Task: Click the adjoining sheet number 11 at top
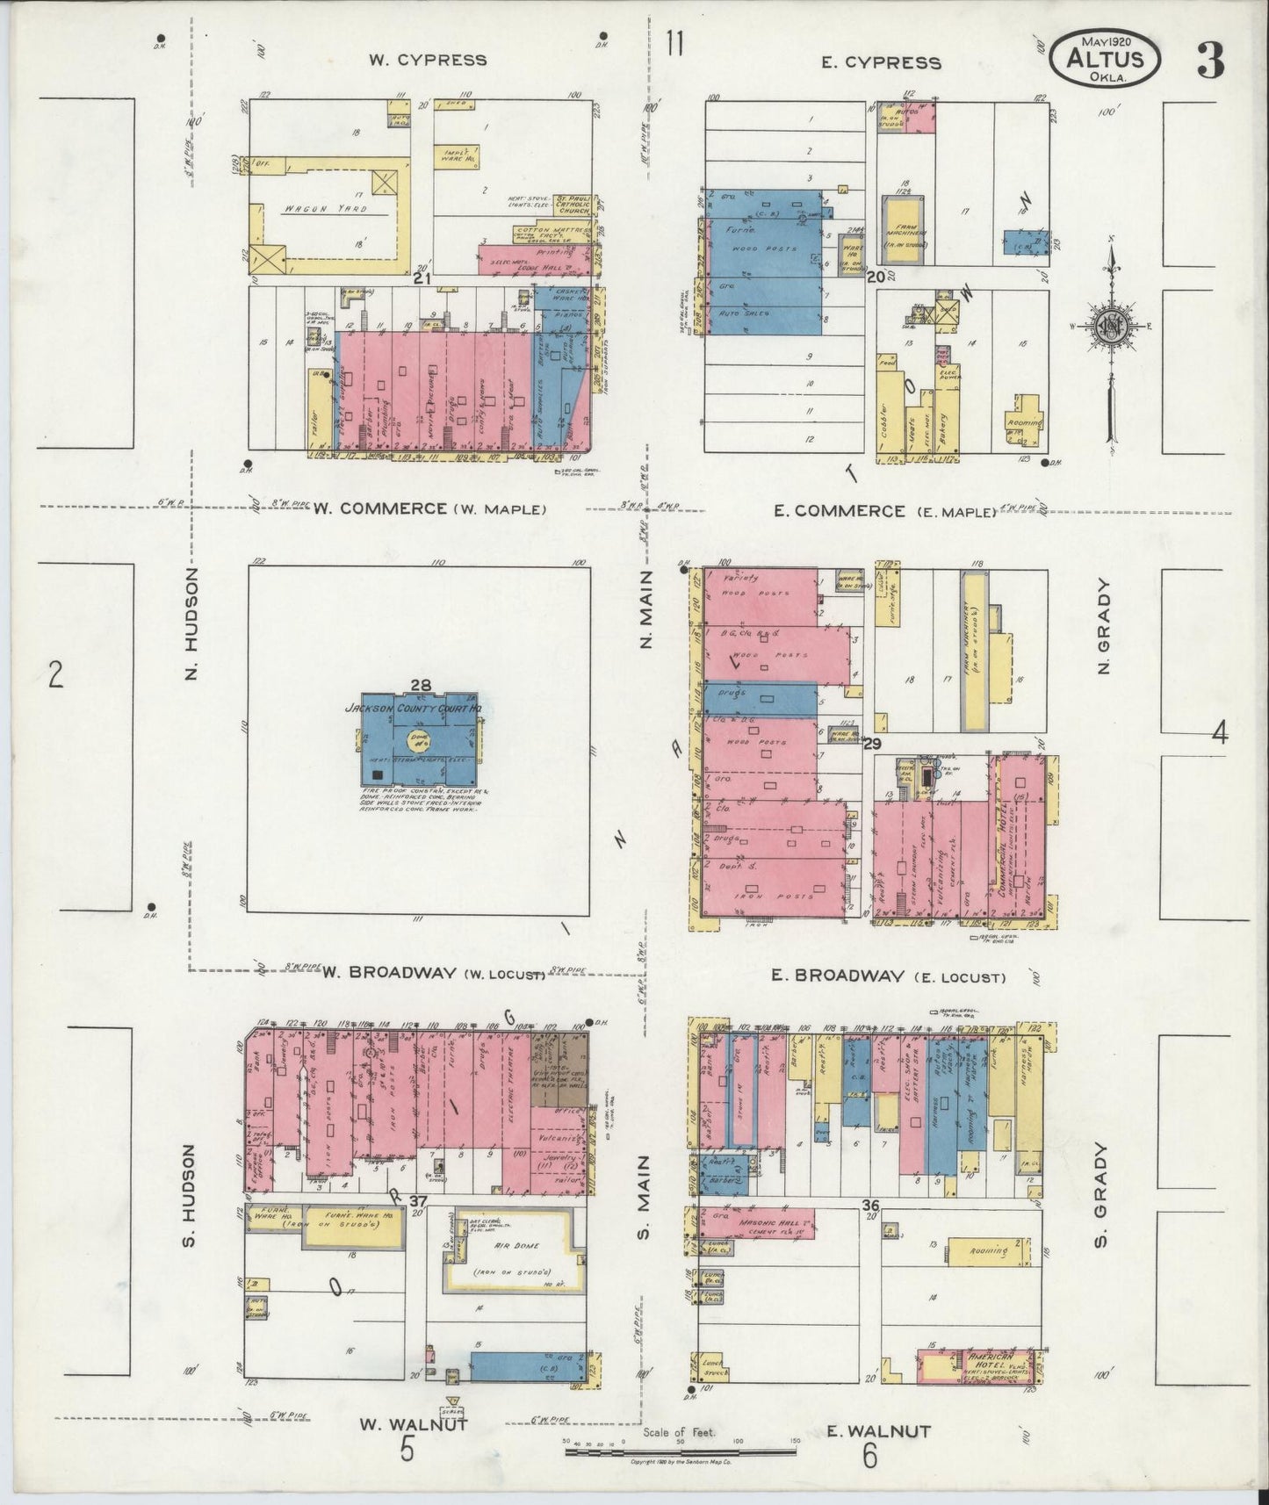pos(674,43)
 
